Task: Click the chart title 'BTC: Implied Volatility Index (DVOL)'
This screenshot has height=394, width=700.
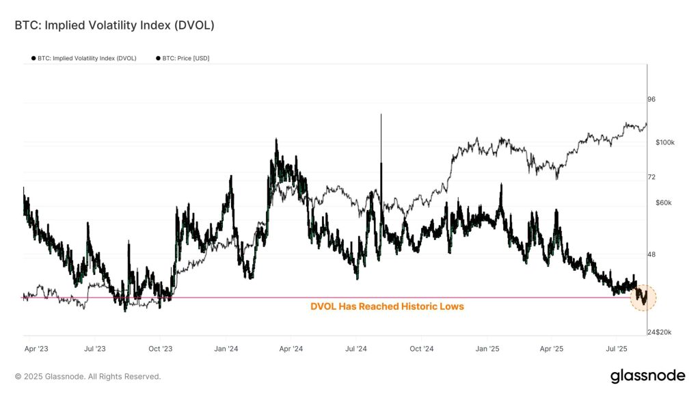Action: click(114, 25)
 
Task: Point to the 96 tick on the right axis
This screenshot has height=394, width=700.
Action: click(651, 99)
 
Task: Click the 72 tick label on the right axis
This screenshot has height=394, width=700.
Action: click(651, 177)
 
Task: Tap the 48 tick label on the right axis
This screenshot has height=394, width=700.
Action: click(651, 254)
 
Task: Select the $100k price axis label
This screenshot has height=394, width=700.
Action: click(665, 142)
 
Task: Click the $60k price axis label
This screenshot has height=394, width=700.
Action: click(663, 203)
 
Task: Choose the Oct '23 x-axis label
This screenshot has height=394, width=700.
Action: click(160, 349)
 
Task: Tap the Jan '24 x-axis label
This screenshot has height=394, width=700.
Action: click(226, 349)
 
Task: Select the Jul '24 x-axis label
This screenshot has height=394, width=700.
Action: click(357, 349)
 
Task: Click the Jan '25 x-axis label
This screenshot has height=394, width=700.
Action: click(487, 349)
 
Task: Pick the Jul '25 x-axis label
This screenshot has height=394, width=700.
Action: click(617, 349)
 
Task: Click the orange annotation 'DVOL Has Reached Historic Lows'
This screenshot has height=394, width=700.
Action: click(387, 306)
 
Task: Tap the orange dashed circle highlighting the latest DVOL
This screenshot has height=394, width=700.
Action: click(643, 298)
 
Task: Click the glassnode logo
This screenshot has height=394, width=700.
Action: click(647, 376)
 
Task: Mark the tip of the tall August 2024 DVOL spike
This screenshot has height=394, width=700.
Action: click(381, 115)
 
